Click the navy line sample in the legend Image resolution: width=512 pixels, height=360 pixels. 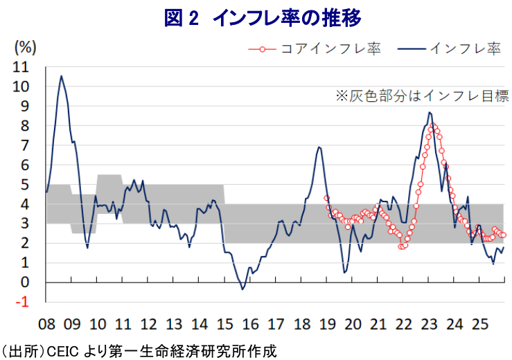tap(412, 48)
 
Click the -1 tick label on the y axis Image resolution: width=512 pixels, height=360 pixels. tap(24, 302)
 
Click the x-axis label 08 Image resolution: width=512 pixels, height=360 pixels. tap(46, 323)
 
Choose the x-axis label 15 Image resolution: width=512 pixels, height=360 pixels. tap(224, 323)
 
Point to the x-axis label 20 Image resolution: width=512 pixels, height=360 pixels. tap(352, 323)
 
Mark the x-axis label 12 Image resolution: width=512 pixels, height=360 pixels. tap(148, 323)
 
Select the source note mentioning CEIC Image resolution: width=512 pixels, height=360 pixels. tap(139, 351)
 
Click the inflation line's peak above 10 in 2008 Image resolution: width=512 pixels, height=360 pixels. tap(61, 76)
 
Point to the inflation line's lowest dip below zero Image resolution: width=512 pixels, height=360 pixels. tap(242, 289)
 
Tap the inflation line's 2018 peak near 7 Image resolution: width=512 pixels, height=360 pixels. tap(318, 147)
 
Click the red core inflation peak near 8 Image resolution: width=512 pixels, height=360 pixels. tap(433, 126)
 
